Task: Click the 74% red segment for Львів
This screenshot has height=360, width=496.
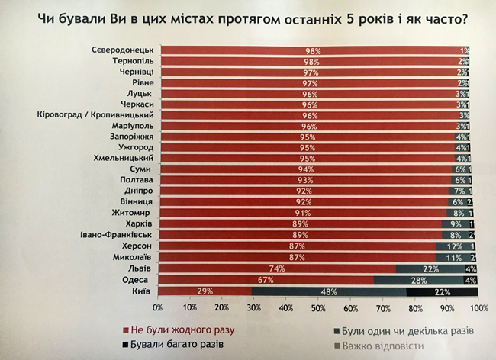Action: coord(278,269)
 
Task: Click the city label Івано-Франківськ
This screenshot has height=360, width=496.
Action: coord(114,236)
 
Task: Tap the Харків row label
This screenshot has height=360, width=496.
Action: coord(138,225)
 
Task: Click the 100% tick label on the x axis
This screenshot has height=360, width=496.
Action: coord(478,307)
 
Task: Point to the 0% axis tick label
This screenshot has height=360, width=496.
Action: coord(158,307)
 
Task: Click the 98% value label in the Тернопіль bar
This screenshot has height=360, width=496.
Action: coord(311,61)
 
